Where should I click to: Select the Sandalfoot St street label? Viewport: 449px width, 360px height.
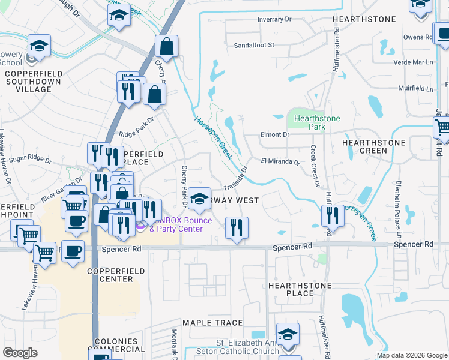tap(253, 45)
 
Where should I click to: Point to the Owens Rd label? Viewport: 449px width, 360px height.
tap(418, 37)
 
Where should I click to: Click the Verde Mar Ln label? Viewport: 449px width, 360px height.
tap(413, 62)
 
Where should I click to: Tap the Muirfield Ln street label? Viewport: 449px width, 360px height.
tap(415, 89)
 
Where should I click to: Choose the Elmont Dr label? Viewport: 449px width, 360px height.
tap(274, 135)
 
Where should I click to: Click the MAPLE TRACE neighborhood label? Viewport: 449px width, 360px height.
tap(212, 323)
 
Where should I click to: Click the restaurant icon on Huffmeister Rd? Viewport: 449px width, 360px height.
tap(332, 215)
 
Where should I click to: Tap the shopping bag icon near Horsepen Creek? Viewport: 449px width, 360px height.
tap(166, 47)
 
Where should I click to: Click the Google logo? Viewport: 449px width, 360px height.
tap(20, 353)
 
